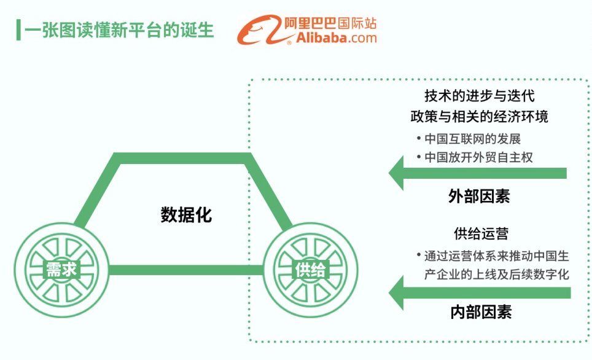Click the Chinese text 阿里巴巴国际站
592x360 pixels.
coord(331,23)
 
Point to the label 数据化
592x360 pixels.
coord(186,215)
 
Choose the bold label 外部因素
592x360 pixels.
coord(479,196)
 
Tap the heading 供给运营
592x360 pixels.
coord(481,233)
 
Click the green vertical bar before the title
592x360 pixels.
coord(18,29)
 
